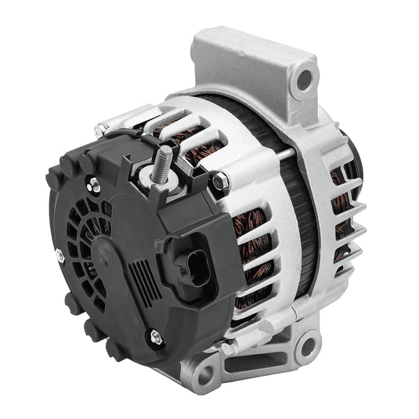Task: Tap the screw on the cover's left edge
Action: pos(60,253)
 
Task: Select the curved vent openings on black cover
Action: pos(86,227)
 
